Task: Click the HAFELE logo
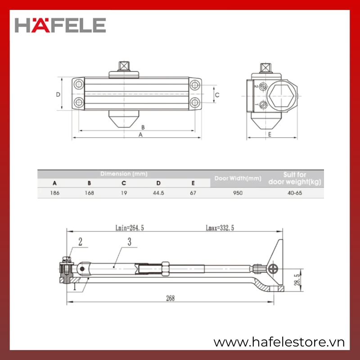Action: (60, 25)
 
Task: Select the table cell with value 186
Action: (54, 193)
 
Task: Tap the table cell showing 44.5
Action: (158, 193)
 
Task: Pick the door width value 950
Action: (238, 193)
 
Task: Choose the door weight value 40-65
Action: (295, 193)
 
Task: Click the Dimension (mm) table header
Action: (124, 174)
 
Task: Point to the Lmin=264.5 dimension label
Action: (130, 228)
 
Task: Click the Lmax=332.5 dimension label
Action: (220, 228)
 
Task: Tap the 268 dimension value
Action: (171, 298)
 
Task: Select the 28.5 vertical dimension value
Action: (297, 279)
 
